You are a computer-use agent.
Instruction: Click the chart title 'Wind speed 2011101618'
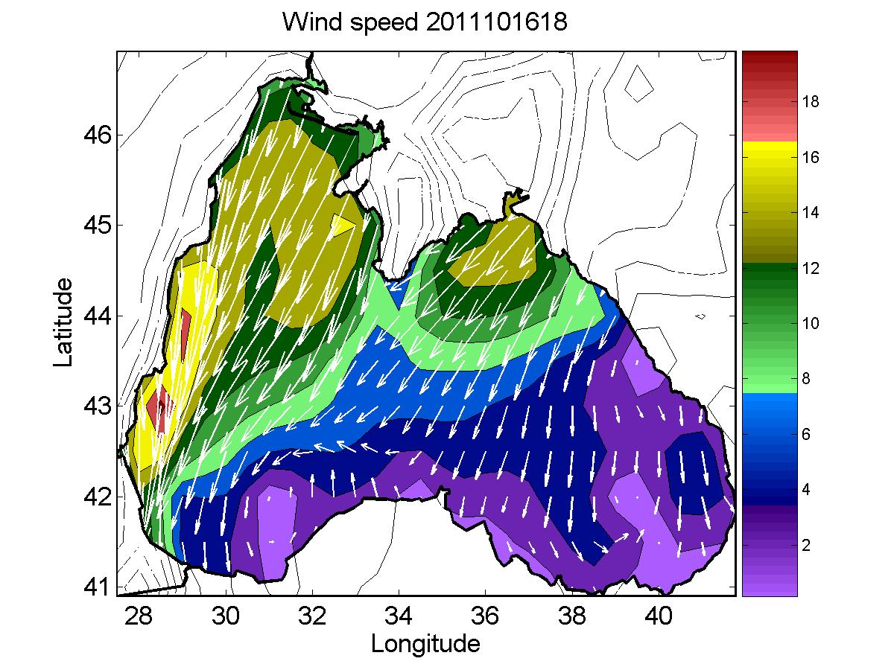pos(425,23)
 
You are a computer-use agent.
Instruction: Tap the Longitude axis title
pos(425,643)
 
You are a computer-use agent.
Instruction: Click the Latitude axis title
pos(65,322)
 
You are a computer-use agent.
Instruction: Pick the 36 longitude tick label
pos(485,616)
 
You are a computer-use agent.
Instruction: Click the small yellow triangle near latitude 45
pos(342,225)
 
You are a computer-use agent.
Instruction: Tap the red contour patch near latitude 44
pos(186,327)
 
